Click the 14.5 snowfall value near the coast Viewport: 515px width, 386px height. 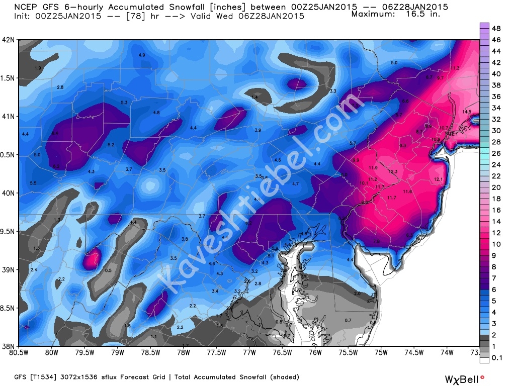467,112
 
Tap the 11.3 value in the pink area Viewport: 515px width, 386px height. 455,68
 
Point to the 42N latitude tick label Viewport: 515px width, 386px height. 8,40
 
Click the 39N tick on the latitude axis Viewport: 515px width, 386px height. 8,269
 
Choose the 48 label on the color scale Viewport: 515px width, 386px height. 496,28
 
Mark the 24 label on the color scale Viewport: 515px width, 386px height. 496,164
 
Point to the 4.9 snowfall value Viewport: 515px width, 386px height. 142,55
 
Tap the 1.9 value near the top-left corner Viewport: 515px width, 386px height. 38,68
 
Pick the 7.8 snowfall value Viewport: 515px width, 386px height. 377,242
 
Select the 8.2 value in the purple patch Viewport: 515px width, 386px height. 56,166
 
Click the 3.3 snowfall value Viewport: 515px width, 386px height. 332,91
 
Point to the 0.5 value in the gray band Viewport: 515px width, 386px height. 108,270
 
